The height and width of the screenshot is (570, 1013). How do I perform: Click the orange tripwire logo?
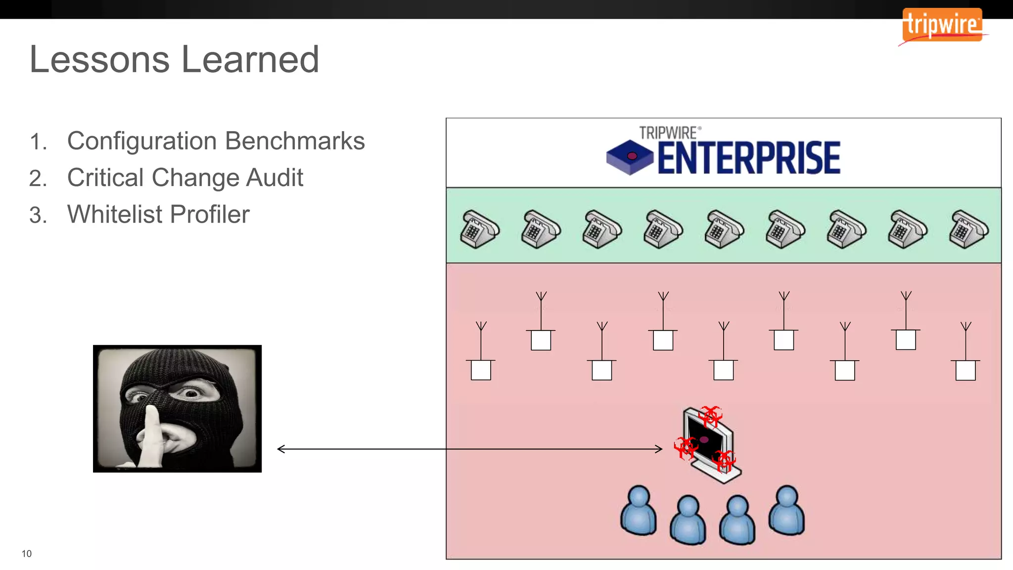pos(942,25)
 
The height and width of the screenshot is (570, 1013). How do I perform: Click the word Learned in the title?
pos(250,59)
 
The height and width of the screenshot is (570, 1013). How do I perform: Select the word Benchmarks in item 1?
pos(295,141)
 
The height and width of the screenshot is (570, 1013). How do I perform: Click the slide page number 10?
pos(27,554)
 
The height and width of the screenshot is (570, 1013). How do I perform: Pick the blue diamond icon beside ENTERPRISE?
pos(630,157)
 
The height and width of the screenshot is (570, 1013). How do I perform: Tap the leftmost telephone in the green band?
pos(479,229)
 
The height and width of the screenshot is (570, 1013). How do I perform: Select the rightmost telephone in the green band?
pos(968,229)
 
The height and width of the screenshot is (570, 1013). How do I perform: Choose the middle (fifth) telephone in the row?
pos(724,229)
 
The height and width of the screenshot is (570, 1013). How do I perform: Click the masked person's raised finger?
pos(150,435)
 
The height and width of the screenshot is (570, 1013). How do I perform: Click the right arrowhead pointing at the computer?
pos(659,449)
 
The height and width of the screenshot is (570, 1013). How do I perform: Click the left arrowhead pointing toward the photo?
pos(281,449)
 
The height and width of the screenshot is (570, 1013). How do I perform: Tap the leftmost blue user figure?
pos(639,511)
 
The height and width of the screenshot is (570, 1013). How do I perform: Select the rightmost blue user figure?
pos(786,511)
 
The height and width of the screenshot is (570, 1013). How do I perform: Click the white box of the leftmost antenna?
pos(481,370)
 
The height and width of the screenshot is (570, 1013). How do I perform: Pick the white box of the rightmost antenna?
pos(966,370)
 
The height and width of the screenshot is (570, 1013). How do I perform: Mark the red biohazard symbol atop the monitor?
pos(711,416)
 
